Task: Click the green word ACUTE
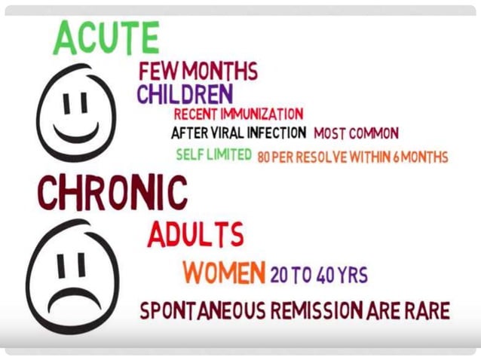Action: coord(106,37)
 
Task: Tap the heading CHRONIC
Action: coord(112,194)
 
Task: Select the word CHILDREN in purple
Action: coord(185,95)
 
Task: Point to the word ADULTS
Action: coord(195,236)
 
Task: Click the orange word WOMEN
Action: coord(225,273)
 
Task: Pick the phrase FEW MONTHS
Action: coord(198,72)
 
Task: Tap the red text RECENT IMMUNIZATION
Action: coord(238,114)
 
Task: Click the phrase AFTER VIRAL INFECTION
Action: coord(238,133)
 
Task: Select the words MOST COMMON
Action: coord(356,134)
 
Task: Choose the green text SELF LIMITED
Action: coord(214,156)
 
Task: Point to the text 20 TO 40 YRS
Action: coord(319,275)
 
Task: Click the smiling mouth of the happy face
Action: coord(76,135)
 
